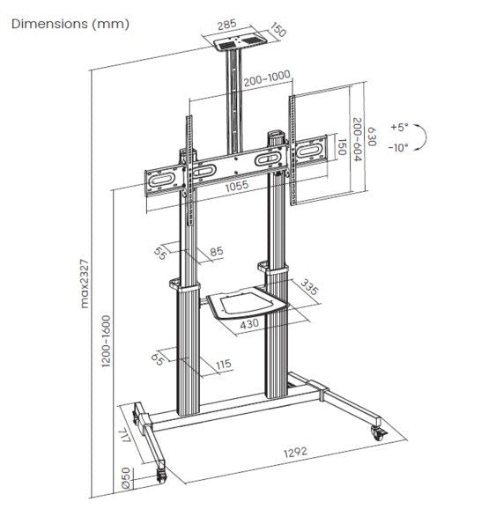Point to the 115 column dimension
coord(221,363)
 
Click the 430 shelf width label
coord(250,324)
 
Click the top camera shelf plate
coord(233,41)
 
